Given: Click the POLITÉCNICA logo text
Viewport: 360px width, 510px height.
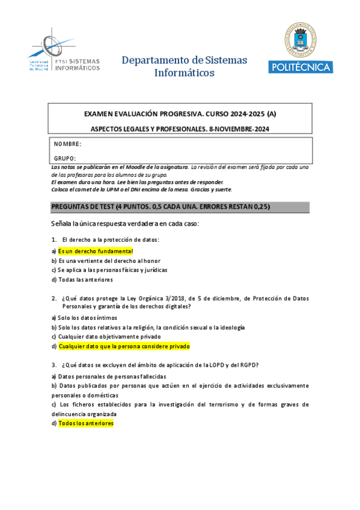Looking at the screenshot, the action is (301, 67).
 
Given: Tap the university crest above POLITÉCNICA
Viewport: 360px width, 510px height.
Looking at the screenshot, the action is (301, 39).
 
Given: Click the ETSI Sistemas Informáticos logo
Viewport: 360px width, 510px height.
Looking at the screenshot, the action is (64, 54).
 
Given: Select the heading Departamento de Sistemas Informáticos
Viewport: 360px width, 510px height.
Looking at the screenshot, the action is (185, 66).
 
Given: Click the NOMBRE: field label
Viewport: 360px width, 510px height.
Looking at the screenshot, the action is (67, 144).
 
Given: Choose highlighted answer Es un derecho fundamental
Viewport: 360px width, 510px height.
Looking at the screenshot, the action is (95, 251).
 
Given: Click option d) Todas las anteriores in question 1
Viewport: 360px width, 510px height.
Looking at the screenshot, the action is (82, 280).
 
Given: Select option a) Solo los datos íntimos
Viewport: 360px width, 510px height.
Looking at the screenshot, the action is (84, 318).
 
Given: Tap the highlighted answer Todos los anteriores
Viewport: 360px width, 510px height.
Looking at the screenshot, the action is (85, 423).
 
